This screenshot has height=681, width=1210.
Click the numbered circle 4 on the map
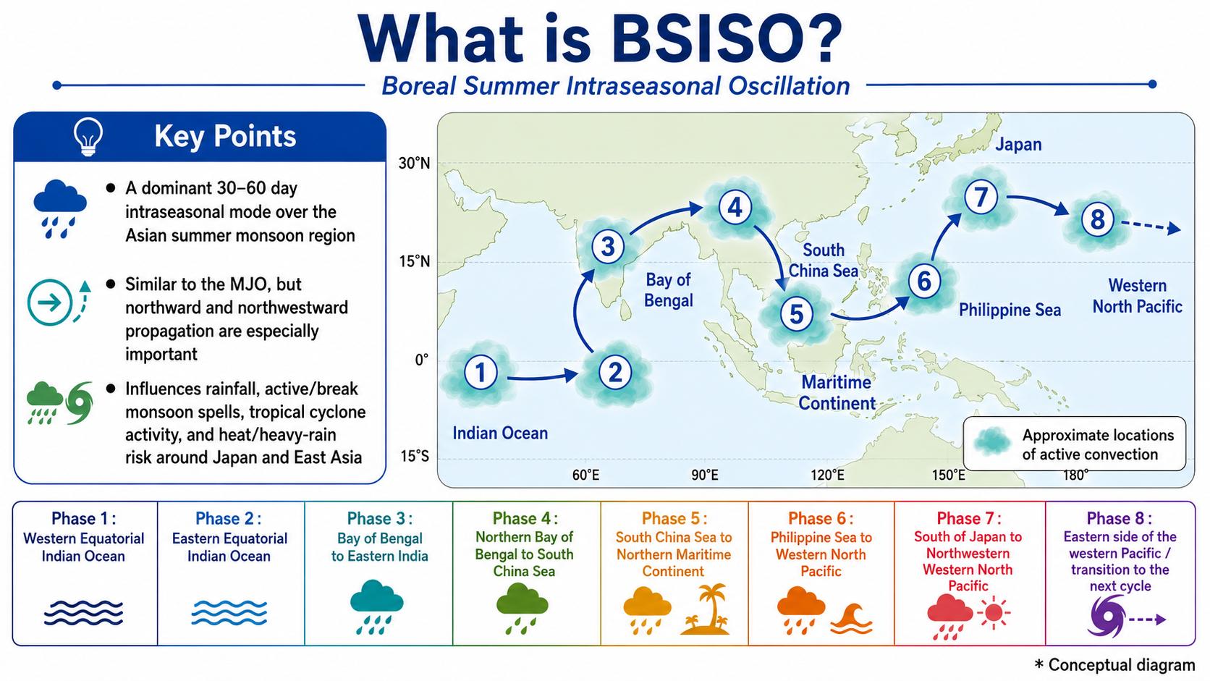tap(735, 208)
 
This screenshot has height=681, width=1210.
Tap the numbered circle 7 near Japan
tap(981, 197)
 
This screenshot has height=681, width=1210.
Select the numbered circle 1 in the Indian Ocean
tap(481, 372)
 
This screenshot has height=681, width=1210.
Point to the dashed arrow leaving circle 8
tap(1151, 227)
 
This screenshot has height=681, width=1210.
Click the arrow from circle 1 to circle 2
tap(542, 376)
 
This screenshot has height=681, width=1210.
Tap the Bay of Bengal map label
tap(668, 290)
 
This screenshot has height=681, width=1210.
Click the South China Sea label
tap(824, 261)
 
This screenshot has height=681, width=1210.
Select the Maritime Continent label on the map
tap(837, 393)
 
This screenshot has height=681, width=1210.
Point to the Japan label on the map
tap(1018, 145)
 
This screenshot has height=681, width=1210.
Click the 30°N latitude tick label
tap(415, 163)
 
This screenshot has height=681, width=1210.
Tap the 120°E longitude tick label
tap(827, 475)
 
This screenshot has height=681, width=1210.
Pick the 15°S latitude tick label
tap(415, 457)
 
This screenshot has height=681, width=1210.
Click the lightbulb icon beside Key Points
tap(88, 137)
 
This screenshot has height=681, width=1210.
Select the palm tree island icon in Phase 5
tap(705, 609)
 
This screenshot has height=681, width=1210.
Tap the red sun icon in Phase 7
tap(993, 613)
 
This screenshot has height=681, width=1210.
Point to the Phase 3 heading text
tap(380, 518)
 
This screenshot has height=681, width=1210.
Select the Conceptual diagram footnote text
tap(1114, 665)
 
